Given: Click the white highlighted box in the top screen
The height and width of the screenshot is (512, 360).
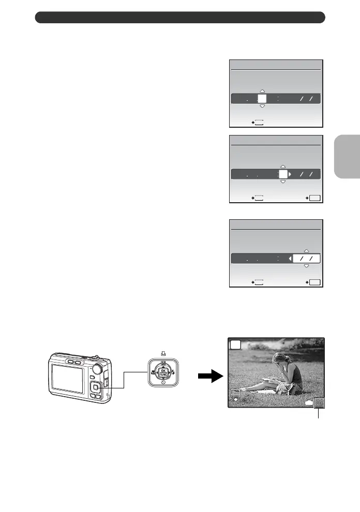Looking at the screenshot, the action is tap(262, 99).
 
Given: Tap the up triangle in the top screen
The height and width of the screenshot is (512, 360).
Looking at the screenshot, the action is tap(262, 91).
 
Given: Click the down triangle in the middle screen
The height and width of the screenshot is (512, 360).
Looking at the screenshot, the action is tap(283, 183).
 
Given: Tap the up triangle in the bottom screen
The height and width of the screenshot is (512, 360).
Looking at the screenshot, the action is tap(306, 249).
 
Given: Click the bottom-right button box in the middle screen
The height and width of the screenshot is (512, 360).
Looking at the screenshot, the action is tap(313, 197).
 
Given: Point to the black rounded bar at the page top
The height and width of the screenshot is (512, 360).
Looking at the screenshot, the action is tap(180, 18).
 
